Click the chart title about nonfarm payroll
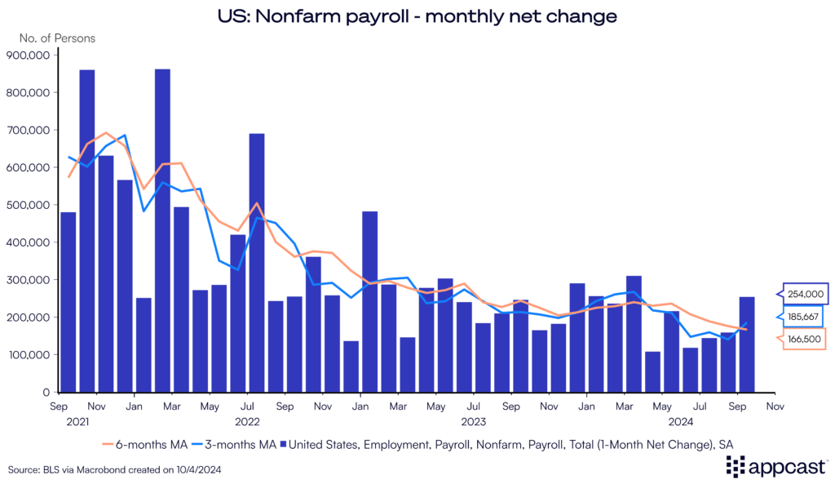tap(417, 15)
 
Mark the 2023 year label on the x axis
tap(474, 422)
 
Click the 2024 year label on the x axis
tap(681, 422)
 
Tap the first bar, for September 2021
tap(68, 302)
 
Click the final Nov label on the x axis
tap(775, 406)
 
